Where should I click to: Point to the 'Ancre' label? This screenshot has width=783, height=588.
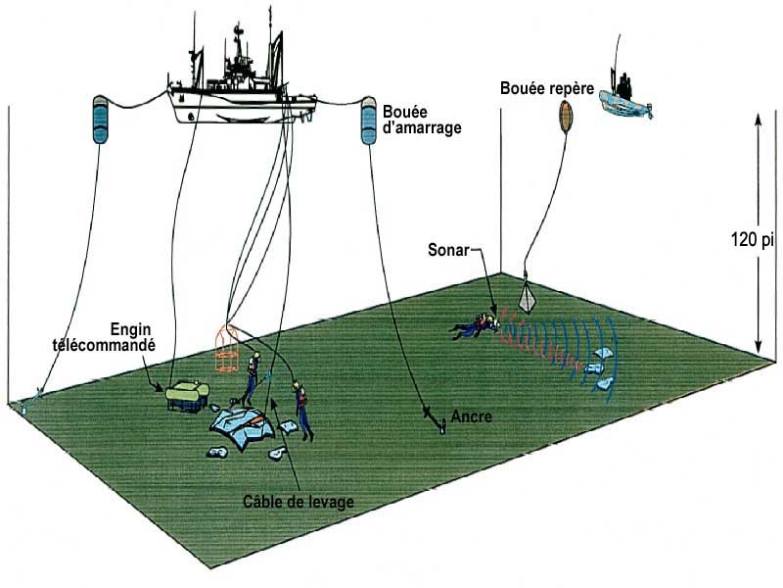pos(472,416)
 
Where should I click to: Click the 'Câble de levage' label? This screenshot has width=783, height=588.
pos(298,502)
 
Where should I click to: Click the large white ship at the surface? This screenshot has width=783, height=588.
pos(245,83)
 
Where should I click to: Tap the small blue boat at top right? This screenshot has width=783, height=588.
pos(625,98)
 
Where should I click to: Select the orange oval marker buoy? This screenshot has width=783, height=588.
pos(566,117)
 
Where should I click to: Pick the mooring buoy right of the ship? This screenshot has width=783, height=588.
pos(369,121)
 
